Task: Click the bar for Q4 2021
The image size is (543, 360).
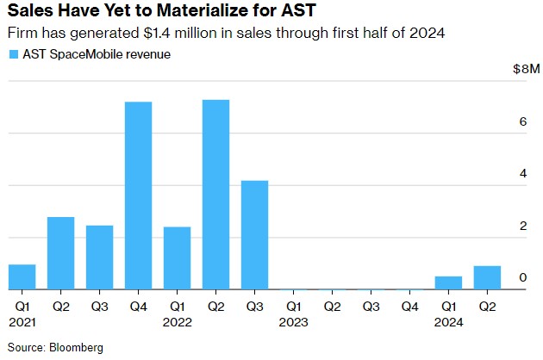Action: pyautogui.click(x=138, y=196)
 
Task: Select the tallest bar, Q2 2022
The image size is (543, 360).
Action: pyautogui.click(x=215, y=195)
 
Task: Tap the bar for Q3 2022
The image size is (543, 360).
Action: pyautogui.click(x=254, y=235)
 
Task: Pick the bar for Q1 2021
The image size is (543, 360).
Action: pyautogui.click(x=22, y=276)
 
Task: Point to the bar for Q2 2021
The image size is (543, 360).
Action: pyautogui.click(x=60, y=253)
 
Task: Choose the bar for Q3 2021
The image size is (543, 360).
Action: pyautogui.click(x=99, y=258)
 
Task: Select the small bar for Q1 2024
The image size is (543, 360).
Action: pyautogui.click(x=448, y=282)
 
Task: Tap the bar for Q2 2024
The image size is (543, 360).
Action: pyautogui.click(x=487, y=277)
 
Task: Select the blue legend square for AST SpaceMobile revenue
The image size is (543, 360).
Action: pyautogui.click(x=13, y=54)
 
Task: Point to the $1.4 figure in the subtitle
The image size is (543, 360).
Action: pyautogui.click(x=142, y=34)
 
